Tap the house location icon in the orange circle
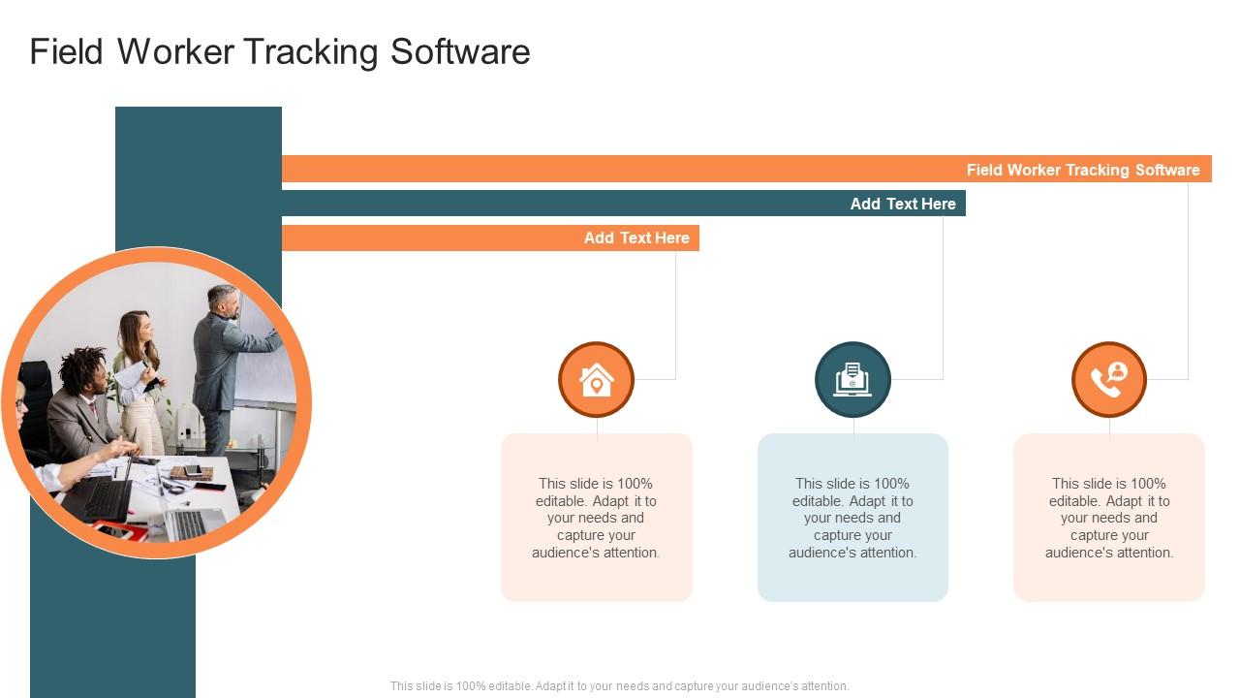click(596, 380)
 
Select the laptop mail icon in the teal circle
click(852, 380)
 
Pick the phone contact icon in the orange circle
click(1109, 380)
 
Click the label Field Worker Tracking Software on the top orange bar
click(1082, 170)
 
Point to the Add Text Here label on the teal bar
click(902, 204)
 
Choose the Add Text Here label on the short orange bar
click(635, 238)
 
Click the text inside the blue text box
click(852, 518)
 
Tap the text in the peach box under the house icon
click(596, 518)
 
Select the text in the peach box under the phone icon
click(1109, 518)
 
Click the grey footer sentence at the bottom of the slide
click(619, 686)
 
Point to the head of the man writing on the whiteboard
click(224, 300)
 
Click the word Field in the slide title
click(67, 52)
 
